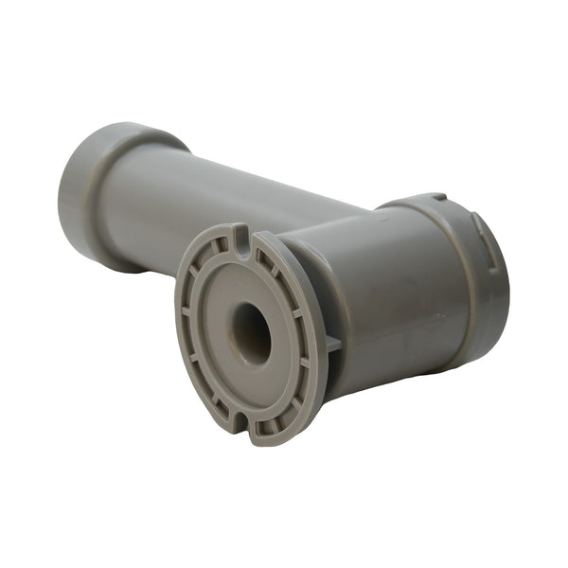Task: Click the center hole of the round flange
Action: point(252,333)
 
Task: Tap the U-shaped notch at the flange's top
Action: point(243,232)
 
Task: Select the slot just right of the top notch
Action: point(269,254)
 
